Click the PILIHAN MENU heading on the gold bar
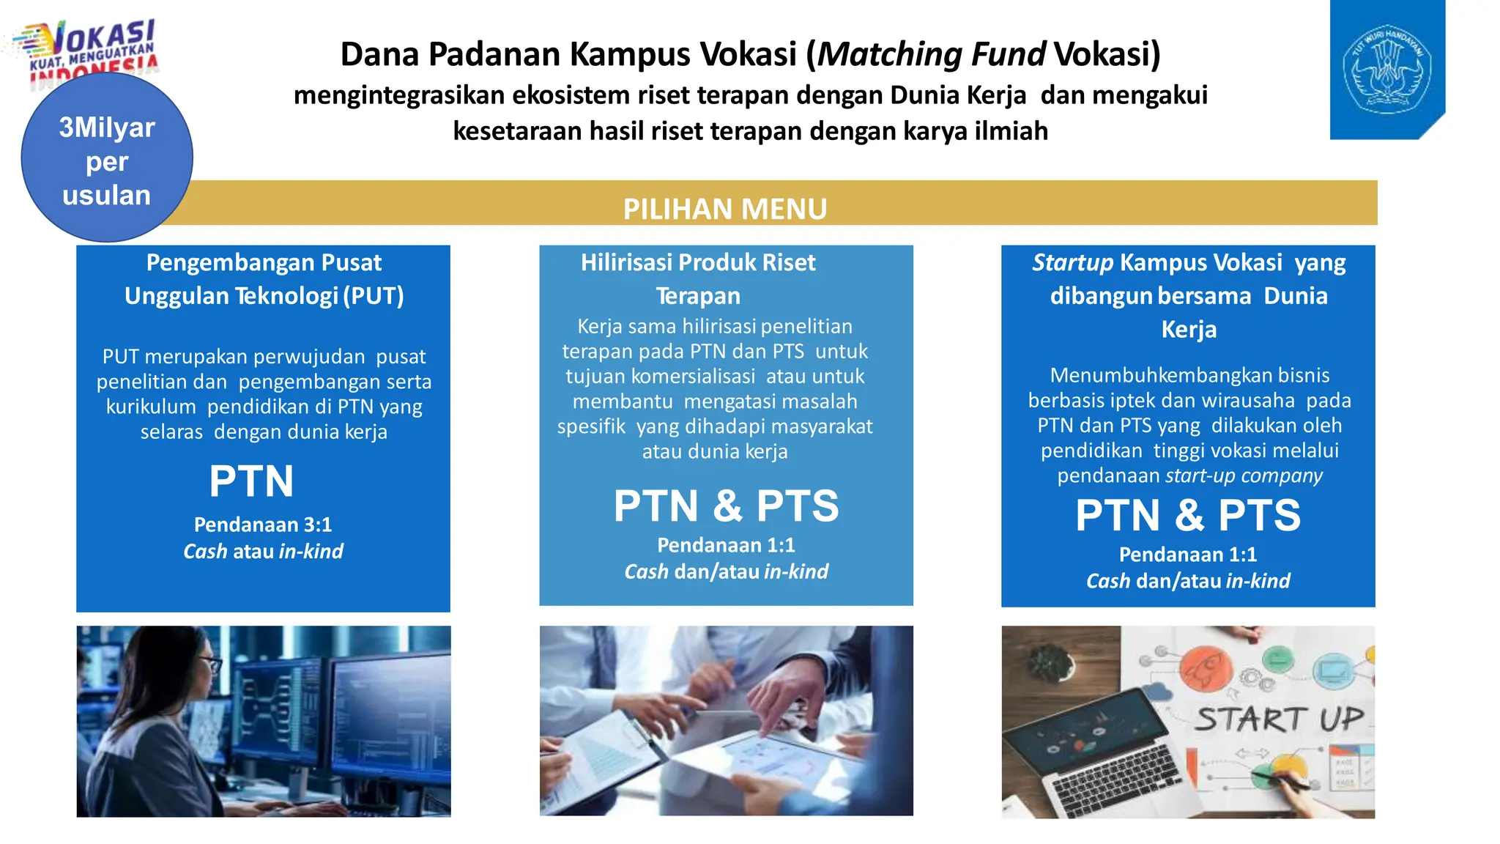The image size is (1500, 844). pyautogui.click(x=724, y=209)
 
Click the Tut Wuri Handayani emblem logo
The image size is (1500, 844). pyautogui.click(x=1386, y=70)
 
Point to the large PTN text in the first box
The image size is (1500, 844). pyautogui.click(x=251, y=481)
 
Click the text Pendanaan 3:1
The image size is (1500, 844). pyautogui.click(x=263, y=525)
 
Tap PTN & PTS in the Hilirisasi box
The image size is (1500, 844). pyautogui.click(x=726, y=506)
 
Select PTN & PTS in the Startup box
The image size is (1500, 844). pyautogui.click(x=1187, y=515)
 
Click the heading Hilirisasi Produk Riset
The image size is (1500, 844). pyautogui.click(x=698, y=262)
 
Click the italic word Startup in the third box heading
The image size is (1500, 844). pyautogui.click(x=1072, y=262)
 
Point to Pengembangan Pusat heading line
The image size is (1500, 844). pyautogui.click(x=264, y=262)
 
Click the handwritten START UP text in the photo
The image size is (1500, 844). pyautogui.click(x=1279, y=719)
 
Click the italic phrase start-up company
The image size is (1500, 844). pyautogui.click(x=1244, y=475)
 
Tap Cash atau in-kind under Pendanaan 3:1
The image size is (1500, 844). pyautogui.click(x=263, y=551)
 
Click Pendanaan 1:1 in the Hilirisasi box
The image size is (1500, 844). pyautogui.click(x=726, y=545)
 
